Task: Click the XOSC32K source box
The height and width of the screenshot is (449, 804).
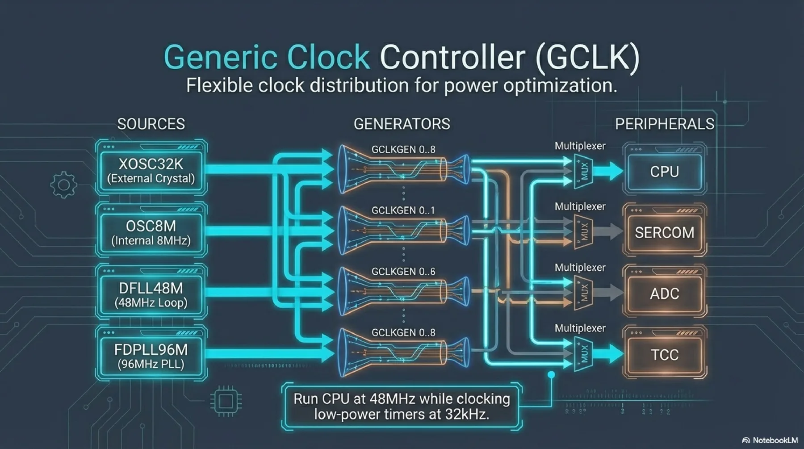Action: (151, 170)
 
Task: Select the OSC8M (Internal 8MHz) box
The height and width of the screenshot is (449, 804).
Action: (151, 232)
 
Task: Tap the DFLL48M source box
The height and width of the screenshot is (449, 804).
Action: (151, 294)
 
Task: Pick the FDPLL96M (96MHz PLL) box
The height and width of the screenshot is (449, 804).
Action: (151, 356)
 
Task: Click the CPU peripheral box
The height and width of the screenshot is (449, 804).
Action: (664, 172)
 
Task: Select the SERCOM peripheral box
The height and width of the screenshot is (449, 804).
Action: (664, 232)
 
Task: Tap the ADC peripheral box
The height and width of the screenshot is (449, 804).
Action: (664, 294)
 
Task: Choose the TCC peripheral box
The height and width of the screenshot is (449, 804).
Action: (664, 355)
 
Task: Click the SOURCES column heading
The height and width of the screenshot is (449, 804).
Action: (151, 124)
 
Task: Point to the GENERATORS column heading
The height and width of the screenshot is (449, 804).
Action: (402, 124)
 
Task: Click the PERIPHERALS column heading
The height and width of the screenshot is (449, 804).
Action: (665, 124)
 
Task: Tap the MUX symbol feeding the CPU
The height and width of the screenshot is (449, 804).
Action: (583, 171)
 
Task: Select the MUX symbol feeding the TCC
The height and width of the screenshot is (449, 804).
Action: (583, 354)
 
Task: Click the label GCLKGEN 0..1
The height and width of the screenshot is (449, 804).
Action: (403, 210)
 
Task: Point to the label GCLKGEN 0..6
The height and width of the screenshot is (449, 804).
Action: (403, 272)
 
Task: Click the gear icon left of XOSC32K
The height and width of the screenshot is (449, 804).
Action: (63, 185)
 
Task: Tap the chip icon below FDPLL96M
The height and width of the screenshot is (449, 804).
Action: (226, 401)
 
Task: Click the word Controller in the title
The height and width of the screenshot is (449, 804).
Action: (452, 57)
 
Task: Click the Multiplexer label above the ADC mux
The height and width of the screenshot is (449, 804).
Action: (580, 268)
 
